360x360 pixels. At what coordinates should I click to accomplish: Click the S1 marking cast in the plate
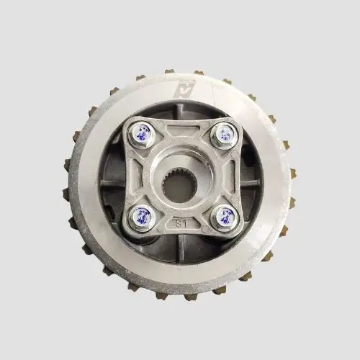(182, 224)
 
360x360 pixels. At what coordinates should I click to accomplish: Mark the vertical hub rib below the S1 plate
(182, 245)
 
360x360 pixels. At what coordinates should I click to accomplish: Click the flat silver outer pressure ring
(94, 216)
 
